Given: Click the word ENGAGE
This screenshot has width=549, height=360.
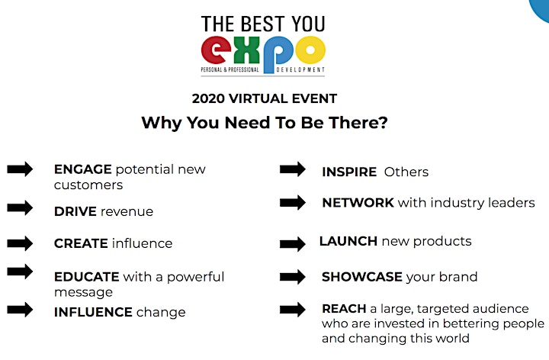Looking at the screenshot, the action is [x=83, y=169].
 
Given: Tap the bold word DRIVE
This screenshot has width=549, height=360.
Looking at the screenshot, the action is [x=75, y=211].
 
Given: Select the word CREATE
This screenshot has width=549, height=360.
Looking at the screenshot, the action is [x=81, y=243].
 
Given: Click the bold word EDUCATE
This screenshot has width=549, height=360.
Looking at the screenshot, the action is [x=86, y=277].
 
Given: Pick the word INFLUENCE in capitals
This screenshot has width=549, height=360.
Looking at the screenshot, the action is [x=93, y=312].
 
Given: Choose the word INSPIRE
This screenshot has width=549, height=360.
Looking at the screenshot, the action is [x=349, y=172].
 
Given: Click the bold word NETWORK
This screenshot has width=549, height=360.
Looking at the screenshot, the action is [x=358, y=203].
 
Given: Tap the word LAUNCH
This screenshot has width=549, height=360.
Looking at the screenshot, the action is [x=348, y=241].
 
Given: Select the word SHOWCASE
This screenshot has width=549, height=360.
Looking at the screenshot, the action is [x=362, y=277].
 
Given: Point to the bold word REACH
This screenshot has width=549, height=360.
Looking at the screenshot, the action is [x=344, y=309].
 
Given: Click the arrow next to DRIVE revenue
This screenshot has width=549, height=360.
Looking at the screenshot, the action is [x=20, y=207].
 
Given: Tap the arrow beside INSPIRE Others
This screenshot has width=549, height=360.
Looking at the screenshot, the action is [x=293, y=169].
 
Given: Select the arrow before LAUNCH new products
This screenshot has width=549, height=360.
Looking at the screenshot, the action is [x=293, y=244].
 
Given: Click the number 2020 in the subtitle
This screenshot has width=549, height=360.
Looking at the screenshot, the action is [x=208, y=98].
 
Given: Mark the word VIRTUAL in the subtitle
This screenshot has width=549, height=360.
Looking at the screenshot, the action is [x=258, y=98].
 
